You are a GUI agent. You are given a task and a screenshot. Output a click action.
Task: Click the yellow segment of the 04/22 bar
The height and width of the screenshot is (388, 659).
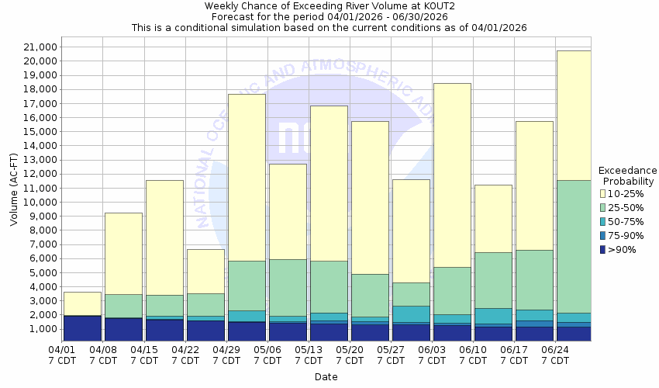(x=205, y=271)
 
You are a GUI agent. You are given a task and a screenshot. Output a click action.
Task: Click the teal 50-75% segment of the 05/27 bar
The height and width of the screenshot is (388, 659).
(x=411, y=314)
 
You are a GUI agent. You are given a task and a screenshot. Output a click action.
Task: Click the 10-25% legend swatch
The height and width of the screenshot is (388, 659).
(x=604, y=193)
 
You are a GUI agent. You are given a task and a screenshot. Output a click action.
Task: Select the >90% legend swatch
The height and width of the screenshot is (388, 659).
(x=604, y=249)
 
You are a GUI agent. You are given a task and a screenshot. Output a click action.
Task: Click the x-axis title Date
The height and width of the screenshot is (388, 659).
(x=326, y=377)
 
